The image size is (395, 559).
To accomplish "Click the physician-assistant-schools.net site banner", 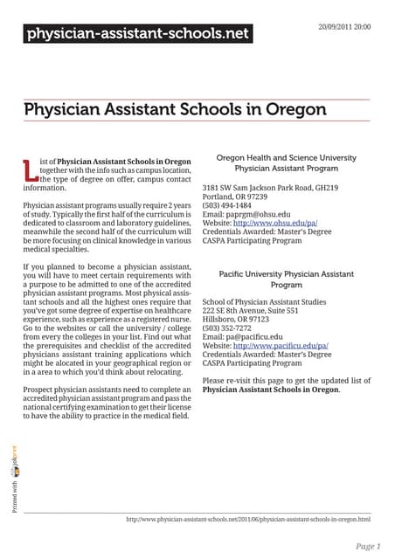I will [137, 35].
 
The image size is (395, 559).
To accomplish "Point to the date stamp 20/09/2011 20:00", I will [344, 27].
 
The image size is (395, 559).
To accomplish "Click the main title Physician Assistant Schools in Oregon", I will [175, 111].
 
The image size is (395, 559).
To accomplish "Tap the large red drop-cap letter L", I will [31, 170].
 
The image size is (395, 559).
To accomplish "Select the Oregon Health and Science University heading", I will [286, 162].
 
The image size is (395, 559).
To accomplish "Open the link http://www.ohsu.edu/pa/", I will [279, 224].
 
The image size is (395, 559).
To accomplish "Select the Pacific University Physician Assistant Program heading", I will [286, 279].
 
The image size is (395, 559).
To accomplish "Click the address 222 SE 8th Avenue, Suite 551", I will [250, 311].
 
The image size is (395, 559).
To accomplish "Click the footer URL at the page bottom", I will [248, 521].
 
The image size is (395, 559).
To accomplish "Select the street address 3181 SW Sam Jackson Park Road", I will [270, 188].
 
